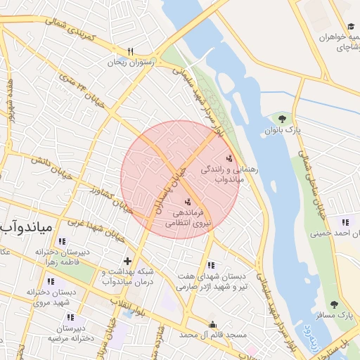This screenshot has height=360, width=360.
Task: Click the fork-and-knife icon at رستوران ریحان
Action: pos(130,51)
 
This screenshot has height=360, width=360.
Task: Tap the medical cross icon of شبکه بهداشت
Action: pos(127,262)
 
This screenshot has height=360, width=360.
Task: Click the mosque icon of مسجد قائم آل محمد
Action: pos(213,325)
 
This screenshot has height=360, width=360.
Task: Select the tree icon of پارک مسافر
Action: pos(334,304)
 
